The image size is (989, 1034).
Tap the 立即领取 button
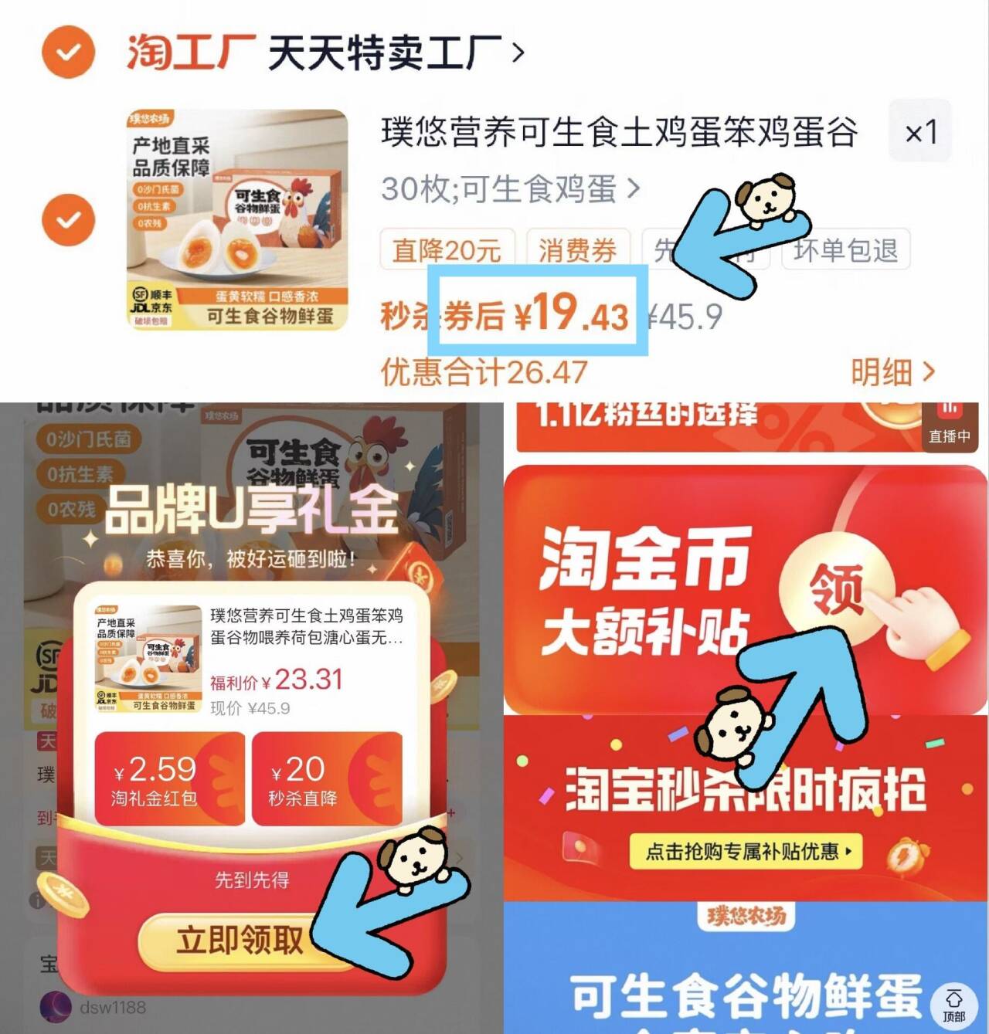pyautogui.click(x=240, y=940)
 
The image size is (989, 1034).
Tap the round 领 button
pyautogui.click(x=837, y=589)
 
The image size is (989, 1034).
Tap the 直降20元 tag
pyautogui.click(x=447, y=249)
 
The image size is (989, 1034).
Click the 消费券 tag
pyautogui.click(x=577, y=249)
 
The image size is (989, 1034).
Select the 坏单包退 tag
pyautogui.click(x=845, y=249)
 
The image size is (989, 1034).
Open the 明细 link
pyautogui.click(x=892, y=372)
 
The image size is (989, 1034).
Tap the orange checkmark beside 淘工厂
pyautogui.click(x=68, y=52)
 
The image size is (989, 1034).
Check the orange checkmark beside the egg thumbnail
pyautogui.click(x=68, y=219)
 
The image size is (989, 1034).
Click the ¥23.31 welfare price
pyautogui.click(x=301, y=680)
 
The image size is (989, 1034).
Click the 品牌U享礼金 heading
pyautogui.click(x=252, y=510)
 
